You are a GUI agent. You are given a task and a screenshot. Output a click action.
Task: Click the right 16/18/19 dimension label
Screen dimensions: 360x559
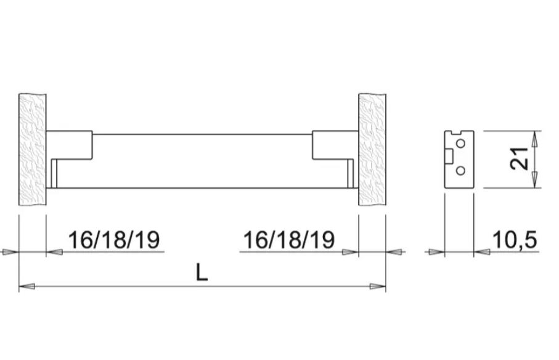click(x=289, y=240)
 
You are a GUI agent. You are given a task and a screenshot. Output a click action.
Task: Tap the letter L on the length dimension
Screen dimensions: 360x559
click(x=202, y=272)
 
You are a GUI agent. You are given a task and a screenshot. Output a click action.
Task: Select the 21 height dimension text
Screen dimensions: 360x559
click(x=520, y=159)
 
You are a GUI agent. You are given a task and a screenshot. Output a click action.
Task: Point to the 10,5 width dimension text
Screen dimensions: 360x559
click(x=515, y=240)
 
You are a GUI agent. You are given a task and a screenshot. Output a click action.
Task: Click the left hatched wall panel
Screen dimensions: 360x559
click(x=33, y=152)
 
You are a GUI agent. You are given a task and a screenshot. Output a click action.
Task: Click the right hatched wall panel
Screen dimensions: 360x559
click(x=372, y=152)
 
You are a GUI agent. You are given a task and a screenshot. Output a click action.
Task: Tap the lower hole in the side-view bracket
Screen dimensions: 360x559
click(x=460, y=171)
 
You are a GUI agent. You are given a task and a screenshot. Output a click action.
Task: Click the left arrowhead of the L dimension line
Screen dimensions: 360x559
click(x=26, y=286)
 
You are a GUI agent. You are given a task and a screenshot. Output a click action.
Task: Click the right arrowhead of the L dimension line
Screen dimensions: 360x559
click(x=378, y=286)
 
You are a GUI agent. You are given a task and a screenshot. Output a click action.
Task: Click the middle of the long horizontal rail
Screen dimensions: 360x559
click(x=202, y=160)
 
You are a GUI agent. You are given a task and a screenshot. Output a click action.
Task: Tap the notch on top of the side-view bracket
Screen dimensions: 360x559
click(x=457, y=133)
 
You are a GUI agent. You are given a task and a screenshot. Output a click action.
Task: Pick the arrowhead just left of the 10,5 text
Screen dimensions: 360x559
click(x=482, y=252)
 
